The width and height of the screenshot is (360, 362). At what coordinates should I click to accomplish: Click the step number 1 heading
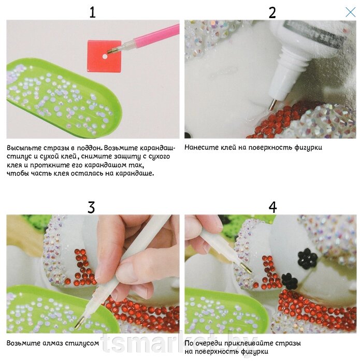93,12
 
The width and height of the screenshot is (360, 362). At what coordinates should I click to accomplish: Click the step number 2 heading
272,13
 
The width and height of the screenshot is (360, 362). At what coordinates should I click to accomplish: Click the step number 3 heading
91,207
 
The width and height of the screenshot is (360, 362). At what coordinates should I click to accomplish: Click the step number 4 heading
272,207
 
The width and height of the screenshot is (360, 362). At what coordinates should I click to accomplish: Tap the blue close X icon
350,12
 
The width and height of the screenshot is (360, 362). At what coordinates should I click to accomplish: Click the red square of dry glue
104,56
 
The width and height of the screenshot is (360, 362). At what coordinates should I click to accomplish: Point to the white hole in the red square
105,56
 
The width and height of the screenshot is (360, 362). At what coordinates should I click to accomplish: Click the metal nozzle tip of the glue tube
272,105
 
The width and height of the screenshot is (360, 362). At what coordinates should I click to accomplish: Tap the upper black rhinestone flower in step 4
307,258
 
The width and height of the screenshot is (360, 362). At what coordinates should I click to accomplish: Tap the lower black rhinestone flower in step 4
290,281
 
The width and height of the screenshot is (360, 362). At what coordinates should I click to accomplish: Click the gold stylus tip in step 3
80,323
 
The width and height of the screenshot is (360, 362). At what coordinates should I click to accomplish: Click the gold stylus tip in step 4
246,267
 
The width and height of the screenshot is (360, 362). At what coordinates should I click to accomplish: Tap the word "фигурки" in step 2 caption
308,148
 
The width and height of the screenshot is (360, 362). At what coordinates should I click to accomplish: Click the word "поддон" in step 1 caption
90,148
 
